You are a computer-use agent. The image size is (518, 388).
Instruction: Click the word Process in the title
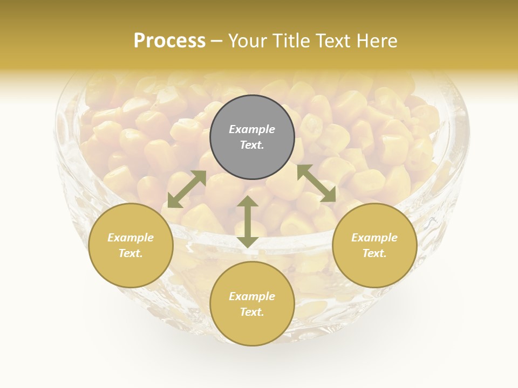click(x=169, y=41)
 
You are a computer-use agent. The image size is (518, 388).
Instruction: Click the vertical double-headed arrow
click(x=248, y=221)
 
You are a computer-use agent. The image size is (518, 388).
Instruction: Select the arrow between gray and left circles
click(x=187, y=189)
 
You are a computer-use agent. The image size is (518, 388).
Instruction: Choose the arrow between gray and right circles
click(x=317, y=184)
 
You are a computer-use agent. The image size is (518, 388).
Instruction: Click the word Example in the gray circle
click(x=252, y=129)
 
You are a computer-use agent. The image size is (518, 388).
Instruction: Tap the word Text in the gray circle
click(x=252, y=145)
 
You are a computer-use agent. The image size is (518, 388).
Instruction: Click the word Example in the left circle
click(x=131, y=238)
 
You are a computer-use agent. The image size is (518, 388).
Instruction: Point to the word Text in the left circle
click(x=131, y=253)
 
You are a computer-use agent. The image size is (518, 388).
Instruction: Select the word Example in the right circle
click(x=374, y=238)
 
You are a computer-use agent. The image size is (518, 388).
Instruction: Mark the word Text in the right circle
click(x=374, y=253)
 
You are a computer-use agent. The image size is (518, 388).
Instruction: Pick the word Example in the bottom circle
click(x=252, y=296)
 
